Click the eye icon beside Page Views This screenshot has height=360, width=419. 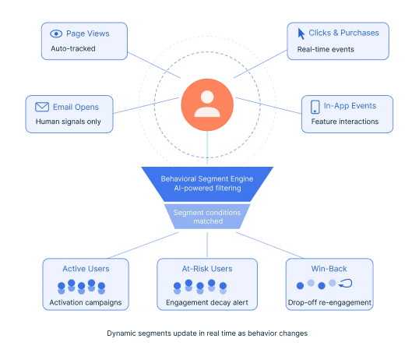[x=55, y=34]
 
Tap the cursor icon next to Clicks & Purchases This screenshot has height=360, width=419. [x=301, y=34]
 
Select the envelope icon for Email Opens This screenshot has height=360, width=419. [x=40, y=107]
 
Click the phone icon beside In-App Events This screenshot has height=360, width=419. [x=315, y=107]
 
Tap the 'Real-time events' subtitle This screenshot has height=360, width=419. [x=320, y=49]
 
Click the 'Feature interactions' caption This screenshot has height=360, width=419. [x=344, y=122]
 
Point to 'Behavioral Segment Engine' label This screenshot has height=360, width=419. [x=207, y=178]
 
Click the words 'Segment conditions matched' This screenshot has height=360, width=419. [x=207, y=216]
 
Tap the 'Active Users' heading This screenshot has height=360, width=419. [x=86, y=269]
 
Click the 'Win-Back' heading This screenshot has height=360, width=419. [x=328, y=269]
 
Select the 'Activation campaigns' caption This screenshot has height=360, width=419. [x=86, y=302]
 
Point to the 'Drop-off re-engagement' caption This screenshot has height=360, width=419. [x=328, y=302]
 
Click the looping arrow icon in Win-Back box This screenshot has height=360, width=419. [x=347, y=284]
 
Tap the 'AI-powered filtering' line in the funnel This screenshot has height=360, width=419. [x=207, y=189]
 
